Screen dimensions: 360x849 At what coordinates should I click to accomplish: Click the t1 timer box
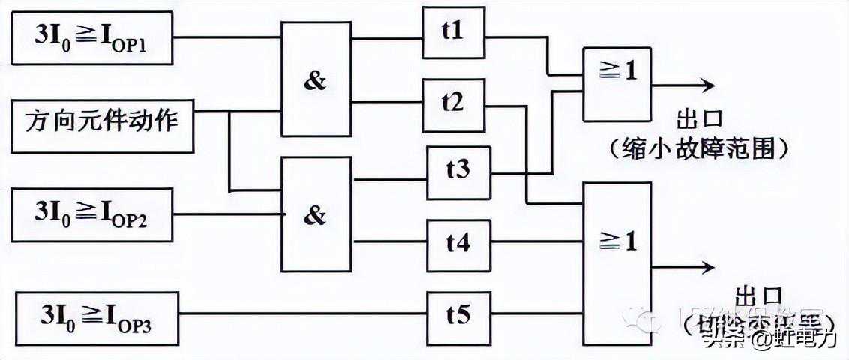click(x=453, y=32)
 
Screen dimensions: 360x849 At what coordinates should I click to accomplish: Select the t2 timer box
click(x=453, y=104)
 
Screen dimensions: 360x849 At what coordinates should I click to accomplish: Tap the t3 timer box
click(x=458, y=172)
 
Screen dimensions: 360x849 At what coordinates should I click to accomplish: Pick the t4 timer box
click(x=458, y=244)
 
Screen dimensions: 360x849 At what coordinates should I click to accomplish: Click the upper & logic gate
click(x=316, y=79)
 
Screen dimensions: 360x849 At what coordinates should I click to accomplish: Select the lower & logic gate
click(x=316, y=214)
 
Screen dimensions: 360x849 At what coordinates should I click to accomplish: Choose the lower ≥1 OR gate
click(x=616, y=249)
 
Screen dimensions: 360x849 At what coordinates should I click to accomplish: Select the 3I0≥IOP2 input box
click(x=92, y=214)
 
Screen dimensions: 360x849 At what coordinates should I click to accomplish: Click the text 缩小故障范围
click(x=699, y=150)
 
